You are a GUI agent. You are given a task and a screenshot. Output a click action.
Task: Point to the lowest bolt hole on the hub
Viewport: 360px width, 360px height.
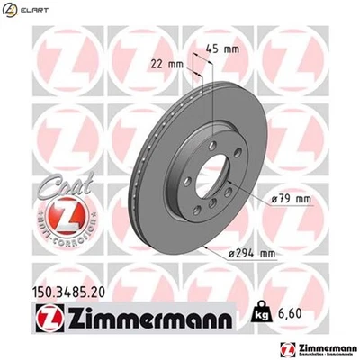tap(212, 212)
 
